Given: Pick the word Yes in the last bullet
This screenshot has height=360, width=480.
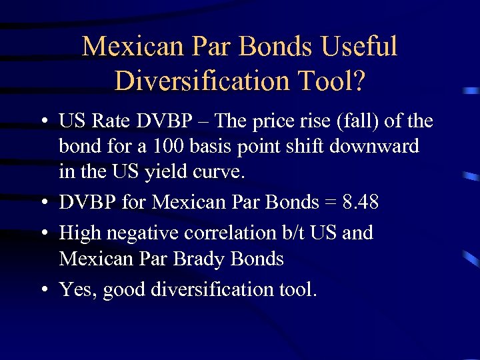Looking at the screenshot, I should pyautogui.click(x=75, y=289).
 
